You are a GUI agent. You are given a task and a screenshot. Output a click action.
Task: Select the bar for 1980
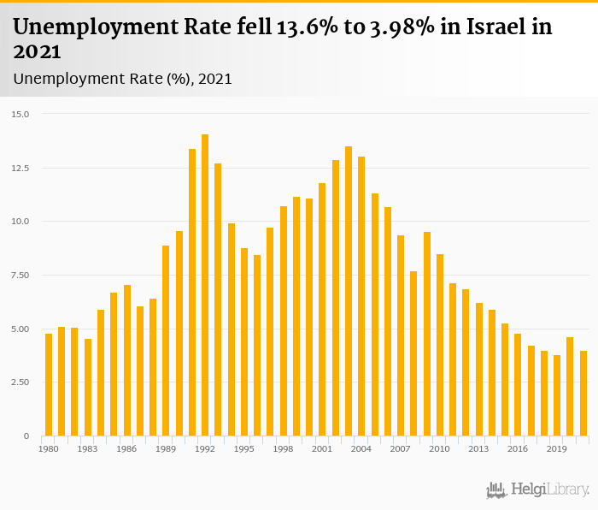(49, 384)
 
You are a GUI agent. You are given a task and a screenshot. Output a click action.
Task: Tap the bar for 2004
(361, 296)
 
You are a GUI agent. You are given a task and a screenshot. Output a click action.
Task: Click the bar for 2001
(322, 309)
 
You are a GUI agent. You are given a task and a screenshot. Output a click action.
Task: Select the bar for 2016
(518, 384)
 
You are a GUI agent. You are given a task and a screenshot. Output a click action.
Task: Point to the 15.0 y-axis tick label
(21, 114)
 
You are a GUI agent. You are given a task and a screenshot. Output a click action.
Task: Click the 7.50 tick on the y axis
(20, 275)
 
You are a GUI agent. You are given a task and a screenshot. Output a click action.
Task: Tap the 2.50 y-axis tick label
(20, 382)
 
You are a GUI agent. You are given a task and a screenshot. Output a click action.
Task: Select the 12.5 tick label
(21, 168)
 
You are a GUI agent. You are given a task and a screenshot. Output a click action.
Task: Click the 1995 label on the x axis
(244, 448)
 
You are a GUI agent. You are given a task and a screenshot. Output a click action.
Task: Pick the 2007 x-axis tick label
(401, 448)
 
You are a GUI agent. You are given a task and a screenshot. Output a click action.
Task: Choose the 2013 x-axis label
(478, 448)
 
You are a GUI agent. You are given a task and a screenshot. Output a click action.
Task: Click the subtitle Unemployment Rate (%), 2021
(122, 79)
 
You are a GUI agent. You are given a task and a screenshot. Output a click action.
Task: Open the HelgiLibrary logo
(537, 489)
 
